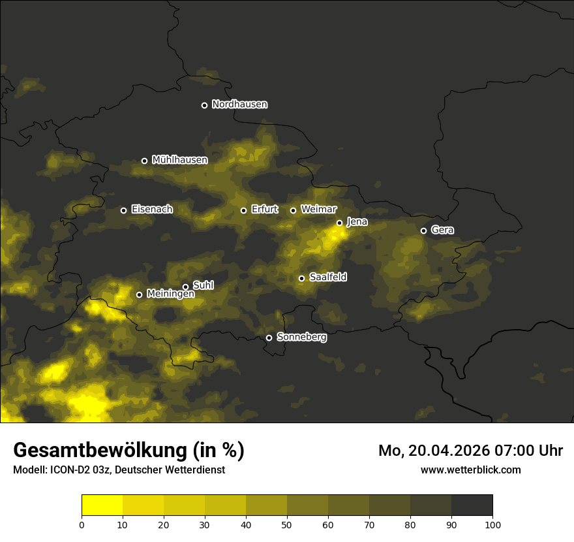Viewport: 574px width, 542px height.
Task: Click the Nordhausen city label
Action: point(239,104)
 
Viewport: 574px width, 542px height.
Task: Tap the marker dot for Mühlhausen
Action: point(144,161)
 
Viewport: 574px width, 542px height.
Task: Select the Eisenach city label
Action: point(152,210)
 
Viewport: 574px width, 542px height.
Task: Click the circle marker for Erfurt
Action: point(243,210)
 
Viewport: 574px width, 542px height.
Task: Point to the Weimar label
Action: point(319,210)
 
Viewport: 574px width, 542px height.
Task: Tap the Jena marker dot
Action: point(339,223)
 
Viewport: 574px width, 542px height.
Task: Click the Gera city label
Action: point(442,230)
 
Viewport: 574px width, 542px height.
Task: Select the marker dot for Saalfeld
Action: point(301,278)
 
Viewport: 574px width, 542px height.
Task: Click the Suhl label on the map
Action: point(203,285)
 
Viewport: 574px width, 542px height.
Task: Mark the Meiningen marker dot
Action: point(139,295)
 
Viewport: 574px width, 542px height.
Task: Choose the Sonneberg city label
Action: point(301,337)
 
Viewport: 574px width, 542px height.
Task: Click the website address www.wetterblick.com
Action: point(470,470)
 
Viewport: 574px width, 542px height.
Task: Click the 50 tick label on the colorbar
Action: point(287,524)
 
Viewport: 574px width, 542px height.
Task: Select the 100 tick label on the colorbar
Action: point(492,524)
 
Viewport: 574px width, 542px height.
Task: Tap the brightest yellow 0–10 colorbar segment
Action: point(102,505)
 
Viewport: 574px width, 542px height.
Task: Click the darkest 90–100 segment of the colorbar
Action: point(472,505)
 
